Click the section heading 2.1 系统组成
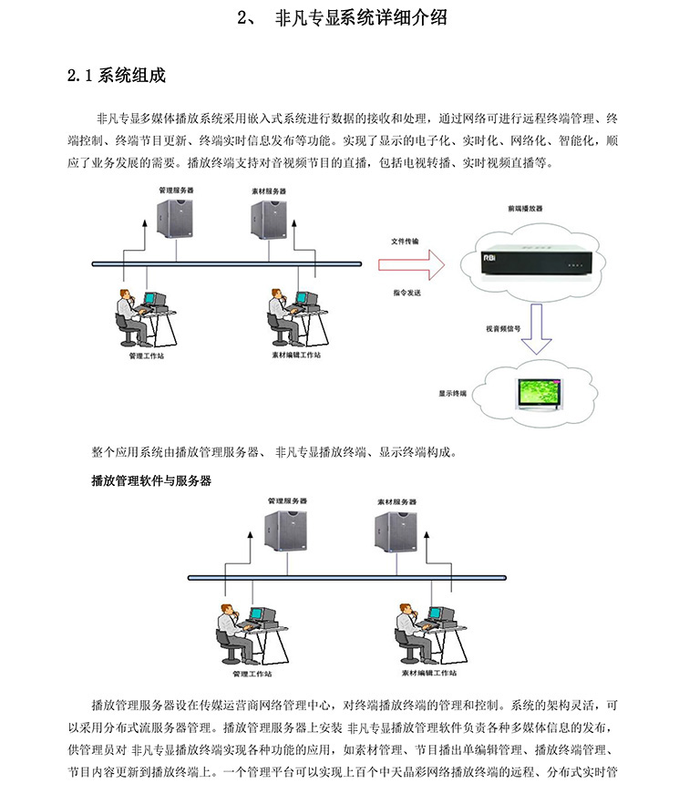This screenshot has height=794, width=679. point(116,75)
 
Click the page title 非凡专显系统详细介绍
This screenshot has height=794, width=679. point(360,16)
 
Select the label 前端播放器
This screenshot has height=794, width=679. point(525,209)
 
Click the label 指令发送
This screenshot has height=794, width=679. point(407,293)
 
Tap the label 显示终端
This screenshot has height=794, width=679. point(452,393)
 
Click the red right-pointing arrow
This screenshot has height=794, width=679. point(411,266)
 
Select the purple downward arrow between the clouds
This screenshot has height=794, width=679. point(536,332)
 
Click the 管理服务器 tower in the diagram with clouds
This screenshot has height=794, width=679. point(175,218)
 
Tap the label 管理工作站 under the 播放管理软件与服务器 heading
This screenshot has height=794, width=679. point(252,674)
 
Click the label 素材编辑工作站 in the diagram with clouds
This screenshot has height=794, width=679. point(295,354)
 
